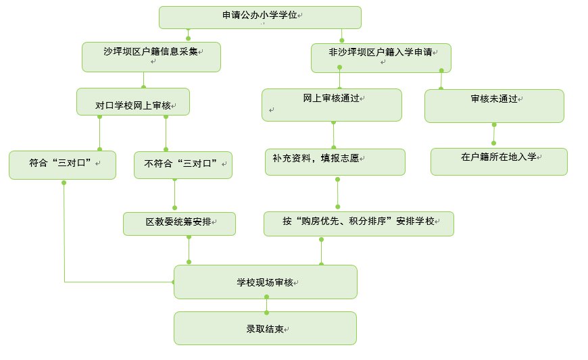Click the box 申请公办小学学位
tap(260, 17)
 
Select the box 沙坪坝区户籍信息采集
tap(152, 57)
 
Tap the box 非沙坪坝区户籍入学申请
tap(381, 57)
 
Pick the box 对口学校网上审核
tap(132, 101)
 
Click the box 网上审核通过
tap(332, 105)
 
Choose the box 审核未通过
tap(494, 105)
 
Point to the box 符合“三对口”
tap(63, 165)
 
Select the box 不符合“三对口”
tap(183, 165)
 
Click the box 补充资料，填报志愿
tap(335, 162)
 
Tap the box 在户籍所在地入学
tap(499, 161)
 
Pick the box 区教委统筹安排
tap(179, 224)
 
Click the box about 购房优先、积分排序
tap(358, 224)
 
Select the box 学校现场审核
tap(265, 282)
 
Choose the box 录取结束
tap(265, 328)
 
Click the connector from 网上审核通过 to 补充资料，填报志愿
tap(333, 135)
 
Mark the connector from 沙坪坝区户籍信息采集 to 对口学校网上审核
tap(143, 80)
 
